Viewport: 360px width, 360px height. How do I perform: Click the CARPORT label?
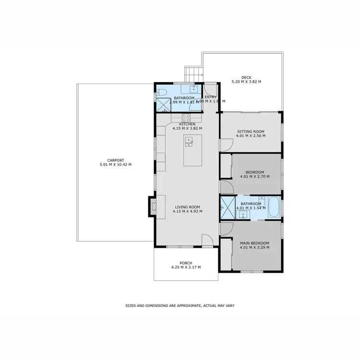[x=116, y=160]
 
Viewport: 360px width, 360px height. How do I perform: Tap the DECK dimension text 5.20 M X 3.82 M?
[x=246, y=82]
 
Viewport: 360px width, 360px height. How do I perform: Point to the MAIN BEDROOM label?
[x=254, y=243]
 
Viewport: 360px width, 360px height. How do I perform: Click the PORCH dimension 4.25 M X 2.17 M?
[x=186, y=267]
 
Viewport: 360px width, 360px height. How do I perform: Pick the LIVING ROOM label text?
[x=188, y=207]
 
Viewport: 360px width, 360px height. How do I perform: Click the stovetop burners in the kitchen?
[x=186, y=117]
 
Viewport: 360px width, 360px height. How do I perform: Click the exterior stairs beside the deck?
[x=193, y=74]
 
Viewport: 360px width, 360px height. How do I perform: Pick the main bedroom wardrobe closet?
[x=226, y=254]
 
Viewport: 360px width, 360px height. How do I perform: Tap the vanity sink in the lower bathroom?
[x=243, y=214]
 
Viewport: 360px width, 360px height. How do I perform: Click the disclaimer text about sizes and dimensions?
[x=180, y=305]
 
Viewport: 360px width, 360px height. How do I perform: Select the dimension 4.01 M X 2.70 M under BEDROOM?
[x=254, y=177]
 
